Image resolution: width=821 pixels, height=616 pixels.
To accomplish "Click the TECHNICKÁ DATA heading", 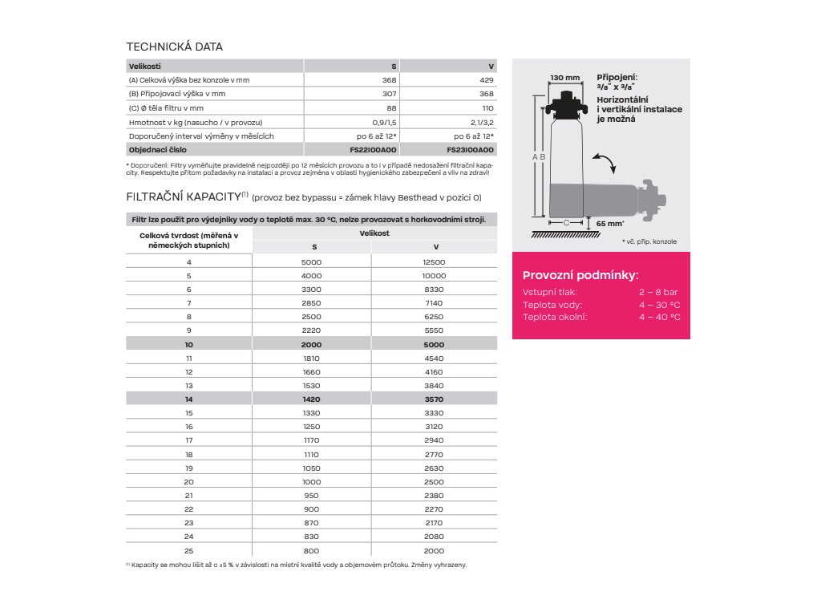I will click(175, 47).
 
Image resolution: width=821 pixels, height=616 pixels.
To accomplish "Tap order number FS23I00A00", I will click(470, 150).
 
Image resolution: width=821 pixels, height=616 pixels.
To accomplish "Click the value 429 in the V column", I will click(486, 79).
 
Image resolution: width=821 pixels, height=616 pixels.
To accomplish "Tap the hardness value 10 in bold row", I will click(189, 343).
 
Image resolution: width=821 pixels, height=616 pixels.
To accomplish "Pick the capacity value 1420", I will click(312, 399).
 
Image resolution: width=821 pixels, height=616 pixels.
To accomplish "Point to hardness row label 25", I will click(189, 551).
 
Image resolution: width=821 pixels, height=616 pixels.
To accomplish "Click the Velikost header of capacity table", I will click(374, 232).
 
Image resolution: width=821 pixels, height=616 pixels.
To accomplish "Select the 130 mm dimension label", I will click(564, 78).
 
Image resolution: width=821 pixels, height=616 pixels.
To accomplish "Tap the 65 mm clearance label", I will click(611, 223).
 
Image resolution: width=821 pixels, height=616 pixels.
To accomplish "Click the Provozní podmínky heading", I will click(580, 275).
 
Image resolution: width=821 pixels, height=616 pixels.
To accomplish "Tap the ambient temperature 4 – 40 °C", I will click(659, 317).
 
